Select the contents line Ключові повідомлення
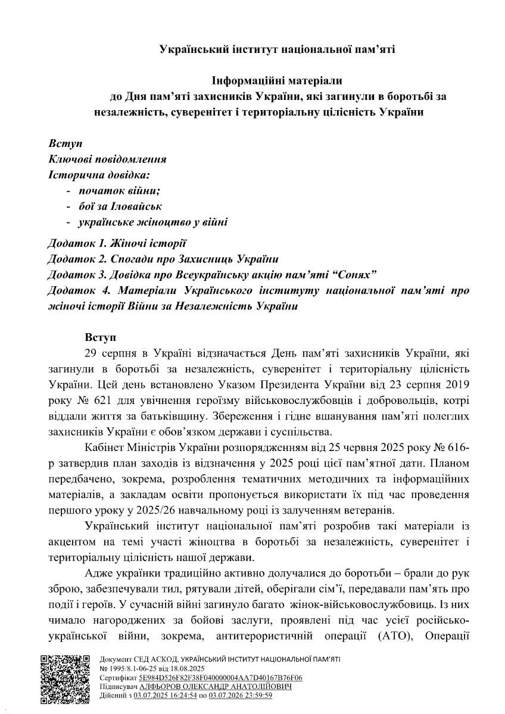pyautogui.click(x=107, y=159)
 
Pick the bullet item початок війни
pyautogui.click(x=120, y=190)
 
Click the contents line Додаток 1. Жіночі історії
pyautogui.click(x=117, y=243)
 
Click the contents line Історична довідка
pyautogui.click(x=99, y=175)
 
